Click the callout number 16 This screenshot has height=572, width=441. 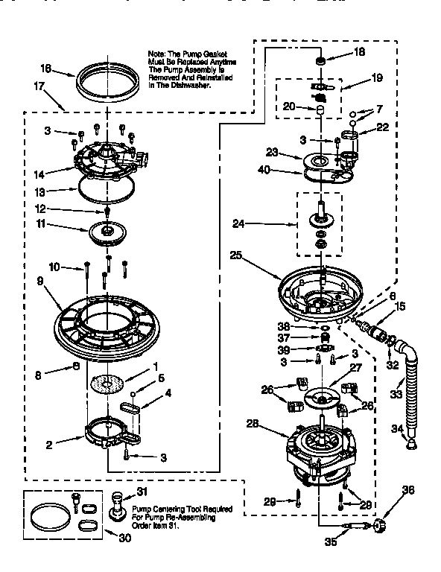click(x=45, y=69)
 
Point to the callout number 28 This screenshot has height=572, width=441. click(x=253, y=423)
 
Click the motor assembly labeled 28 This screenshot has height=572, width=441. click(x=321, y=448)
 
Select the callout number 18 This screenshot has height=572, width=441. click(x=359, y=52)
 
